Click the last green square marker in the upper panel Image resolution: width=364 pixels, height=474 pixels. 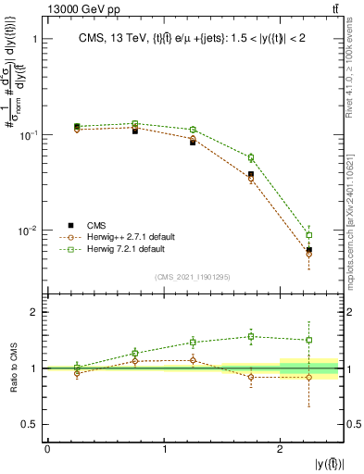(309, 235)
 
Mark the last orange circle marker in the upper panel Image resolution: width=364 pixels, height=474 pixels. (309, 254)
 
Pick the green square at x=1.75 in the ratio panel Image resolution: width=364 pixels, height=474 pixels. (251, 336)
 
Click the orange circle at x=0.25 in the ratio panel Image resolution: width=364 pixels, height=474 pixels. (76, 373)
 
